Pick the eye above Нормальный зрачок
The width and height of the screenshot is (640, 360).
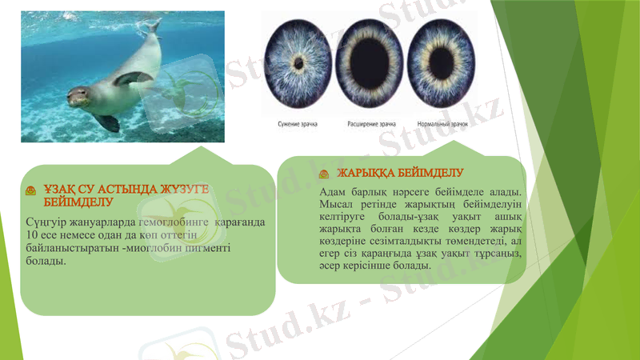pyautogui.click(x=442, y=62)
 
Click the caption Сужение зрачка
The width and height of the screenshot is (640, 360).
pyautogui.click(x=298, y=125)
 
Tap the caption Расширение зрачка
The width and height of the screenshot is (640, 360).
pyautogui.click(x=371, y=125)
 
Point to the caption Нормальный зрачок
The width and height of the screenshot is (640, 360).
pyautogui.click(x=442, y=125)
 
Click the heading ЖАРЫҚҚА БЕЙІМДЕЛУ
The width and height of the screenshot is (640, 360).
pyautogui.click(x=400, y=173)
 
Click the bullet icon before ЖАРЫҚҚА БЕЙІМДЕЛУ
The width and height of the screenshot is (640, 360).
pyautogui.click(x=324, y=174)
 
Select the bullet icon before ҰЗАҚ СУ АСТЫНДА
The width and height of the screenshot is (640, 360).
pyautogui.click(x=30, y=190)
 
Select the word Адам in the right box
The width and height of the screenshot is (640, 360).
pyautogui.click(x=333, y=192)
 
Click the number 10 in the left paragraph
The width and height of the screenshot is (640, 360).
pyautogui.click(x=31, y=234)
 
